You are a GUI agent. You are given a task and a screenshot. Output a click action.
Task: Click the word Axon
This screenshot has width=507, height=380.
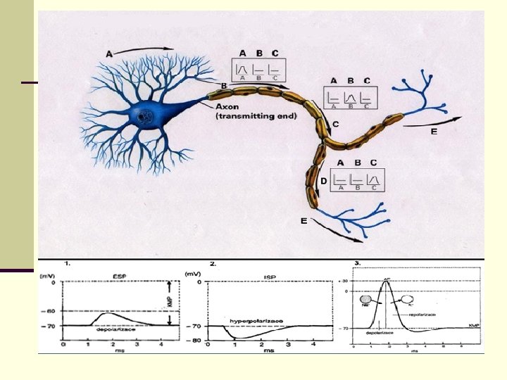[228, 106]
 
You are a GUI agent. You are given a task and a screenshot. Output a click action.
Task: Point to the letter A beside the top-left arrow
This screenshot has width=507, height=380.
[109, 53]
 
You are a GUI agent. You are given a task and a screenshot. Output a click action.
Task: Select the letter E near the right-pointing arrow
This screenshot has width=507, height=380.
[434, 132]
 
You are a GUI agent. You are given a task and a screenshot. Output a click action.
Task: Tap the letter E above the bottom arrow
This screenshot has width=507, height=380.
[303, 222]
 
